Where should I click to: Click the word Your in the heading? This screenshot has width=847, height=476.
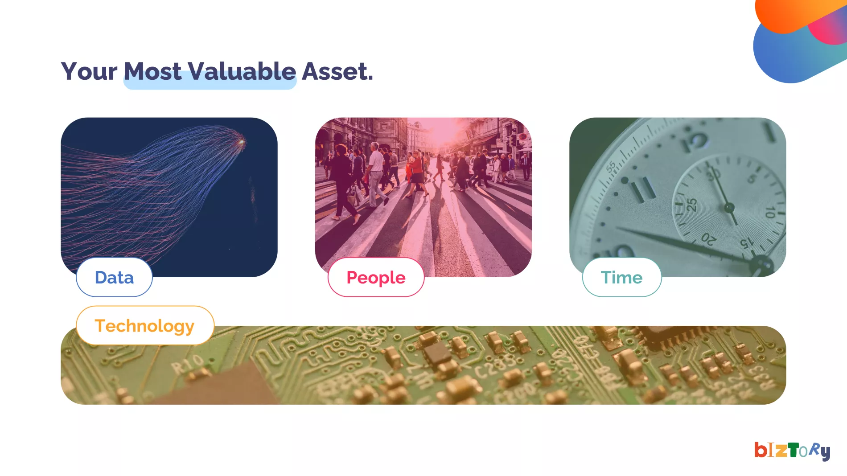[89, 71]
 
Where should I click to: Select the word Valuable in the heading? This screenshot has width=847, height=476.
[242, 71]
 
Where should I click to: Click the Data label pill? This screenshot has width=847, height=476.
[114, 277]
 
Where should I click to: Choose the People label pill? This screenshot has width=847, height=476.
[376, 277]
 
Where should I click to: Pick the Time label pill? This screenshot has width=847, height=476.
[622, 277]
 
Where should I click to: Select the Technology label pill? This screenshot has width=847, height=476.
[145, 325]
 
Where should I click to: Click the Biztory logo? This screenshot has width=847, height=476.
[792, 451]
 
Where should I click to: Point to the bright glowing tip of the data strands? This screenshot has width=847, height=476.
[242, 142]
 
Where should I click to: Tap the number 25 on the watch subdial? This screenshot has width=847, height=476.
[691, 205]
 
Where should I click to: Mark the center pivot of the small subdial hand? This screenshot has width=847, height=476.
[729, 208]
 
